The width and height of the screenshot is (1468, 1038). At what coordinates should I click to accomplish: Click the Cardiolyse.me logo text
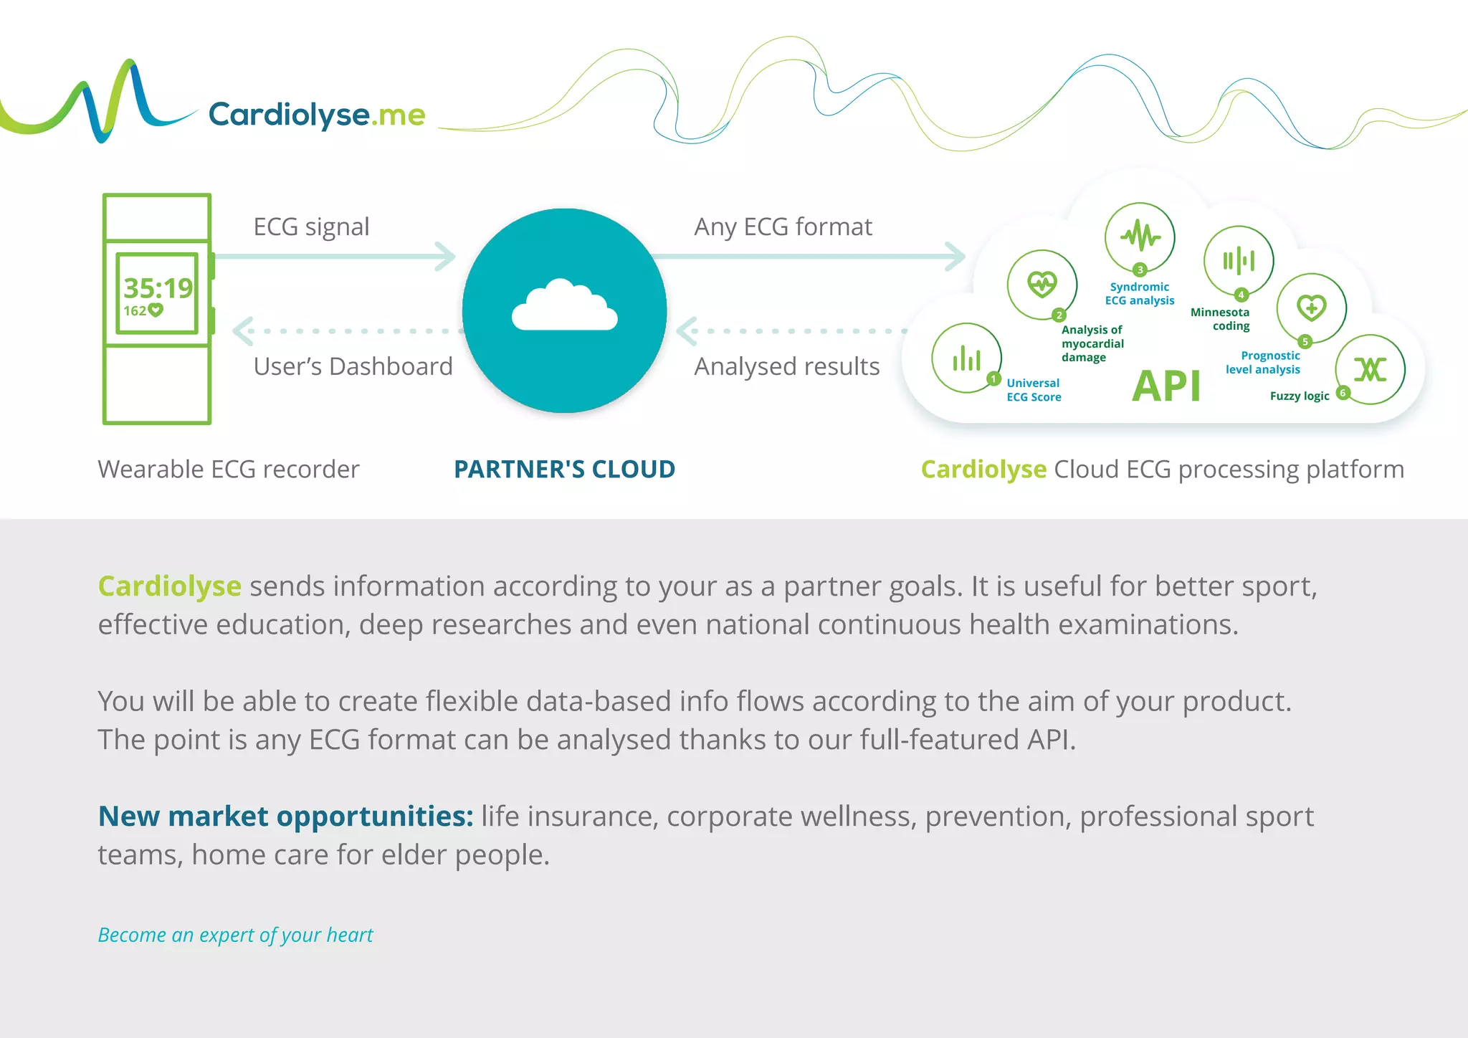click(316, 115)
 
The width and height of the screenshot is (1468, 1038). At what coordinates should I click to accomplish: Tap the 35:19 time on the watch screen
click(158, 288)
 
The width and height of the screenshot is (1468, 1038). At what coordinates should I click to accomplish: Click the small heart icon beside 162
click(156, 310)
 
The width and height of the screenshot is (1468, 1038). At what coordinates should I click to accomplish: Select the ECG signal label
click(311, 227)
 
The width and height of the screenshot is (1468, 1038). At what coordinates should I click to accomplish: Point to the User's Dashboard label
click(353, 366)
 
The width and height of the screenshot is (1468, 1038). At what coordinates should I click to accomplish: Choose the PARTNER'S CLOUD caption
click(564, 470)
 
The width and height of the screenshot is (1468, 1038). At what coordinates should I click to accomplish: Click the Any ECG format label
click(783, 227)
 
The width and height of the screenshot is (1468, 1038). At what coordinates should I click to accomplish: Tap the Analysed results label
click(786, 366)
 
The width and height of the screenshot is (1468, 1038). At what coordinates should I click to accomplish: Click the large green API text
click(1166, 387)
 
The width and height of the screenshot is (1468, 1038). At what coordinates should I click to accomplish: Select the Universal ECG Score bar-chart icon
click(966, 358)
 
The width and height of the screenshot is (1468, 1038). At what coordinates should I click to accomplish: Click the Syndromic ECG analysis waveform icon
click(1140, 237)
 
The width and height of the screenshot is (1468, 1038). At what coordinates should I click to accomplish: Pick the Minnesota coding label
click(1221, 319)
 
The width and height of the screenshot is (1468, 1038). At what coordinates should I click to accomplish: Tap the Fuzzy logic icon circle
click(1370, 369)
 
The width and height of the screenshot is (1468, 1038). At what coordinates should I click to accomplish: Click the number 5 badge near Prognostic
click(1305, 342)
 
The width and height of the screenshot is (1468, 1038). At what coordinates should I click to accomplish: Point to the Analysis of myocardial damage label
click(1092, 343)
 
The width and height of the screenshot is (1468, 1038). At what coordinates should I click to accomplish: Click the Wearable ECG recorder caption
click(228, 470)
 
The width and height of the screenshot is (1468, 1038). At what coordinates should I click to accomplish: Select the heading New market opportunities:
click(285, 816)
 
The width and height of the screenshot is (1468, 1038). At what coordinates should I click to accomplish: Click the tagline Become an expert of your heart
click(235, 935)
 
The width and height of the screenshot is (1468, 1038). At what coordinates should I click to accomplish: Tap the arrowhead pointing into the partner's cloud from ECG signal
click(447, 257)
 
